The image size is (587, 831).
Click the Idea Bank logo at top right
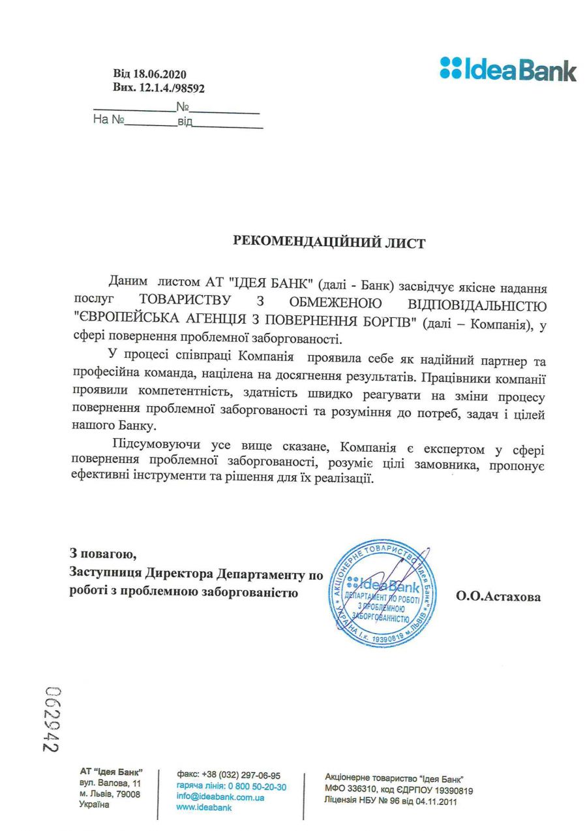[x=508, y=69]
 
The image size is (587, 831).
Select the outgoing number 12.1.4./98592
[x=172, y=88]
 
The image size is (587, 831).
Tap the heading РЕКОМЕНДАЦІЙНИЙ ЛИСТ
[x=329, y=243]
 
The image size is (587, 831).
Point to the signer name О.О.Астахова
[x=498, y=596]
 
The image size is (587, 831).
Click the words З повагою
[x=103, y=555]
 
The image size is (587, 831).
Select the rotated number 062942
[x=52, y=719]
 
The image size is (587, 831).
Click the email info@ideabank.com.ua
[x=220, y=797]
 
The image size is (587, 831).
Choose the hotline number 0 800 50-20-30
[x=257, y=787]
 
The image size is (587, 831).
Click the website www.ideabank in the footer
[x=204, y=808]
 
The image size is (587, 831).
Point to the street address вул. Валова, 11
[x=110, y=783]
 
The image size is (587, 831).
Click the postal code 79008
[x=128, y=794]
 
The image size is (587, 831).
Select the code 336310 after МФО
[x=365, y=790]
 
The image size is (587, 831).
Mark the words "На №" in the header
[x=108, y=121]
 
